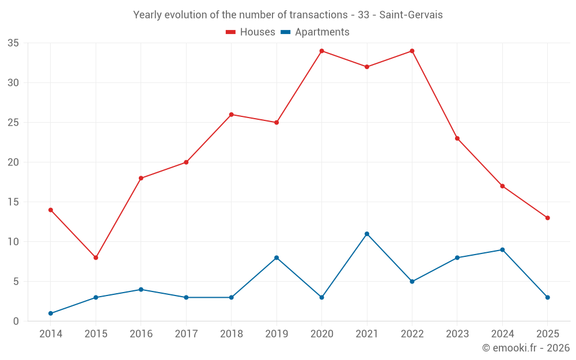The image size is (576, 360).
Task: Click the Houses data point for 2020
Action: [321, 51]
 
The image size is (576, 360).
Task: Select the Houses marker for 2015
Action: [96, 257]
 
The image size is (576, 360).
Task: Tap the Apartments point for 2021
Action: [367, 234]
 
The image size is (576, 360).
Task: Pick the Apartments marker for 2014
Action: [51, 313]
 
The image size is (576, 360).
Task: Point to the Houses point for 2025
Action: [547, 218]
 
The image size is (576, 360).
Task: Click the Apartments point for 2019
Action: [276, 257]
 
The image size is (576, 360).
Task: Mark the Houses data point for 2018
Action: [232, 115]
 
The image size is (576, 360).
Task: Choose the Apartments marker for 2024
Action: [502, 249]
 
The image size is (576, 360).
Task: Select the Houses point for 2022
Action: [412, 51]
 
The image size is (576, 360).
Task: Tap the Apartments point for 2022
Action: [412, 282]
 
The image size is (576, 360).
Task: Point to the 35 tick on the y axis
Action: [13, 43]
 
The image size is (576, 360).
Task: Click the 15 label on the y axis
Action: [13, 202]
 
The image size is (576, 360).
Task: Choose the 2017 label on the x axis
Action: [186, 334]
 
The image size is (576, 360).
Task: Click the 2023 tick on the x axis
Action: [457, 334]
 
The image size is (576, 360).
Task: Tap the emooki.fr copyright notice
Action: [525, 348]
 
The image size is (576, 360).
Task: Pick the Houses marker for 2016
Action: [141, 178]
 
